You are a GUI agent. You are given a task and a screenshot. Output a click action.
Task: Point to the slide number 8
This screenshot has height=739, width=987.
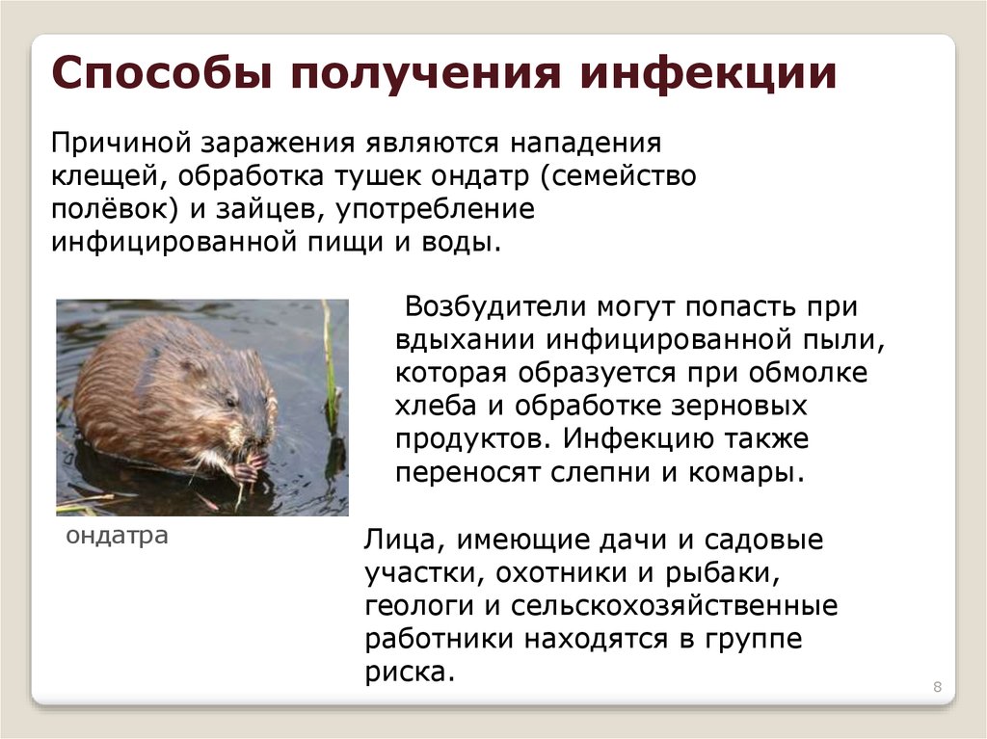937,687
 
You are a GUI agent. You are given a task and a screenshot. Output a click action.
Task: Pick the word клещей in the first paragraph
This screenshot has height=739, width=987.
95,176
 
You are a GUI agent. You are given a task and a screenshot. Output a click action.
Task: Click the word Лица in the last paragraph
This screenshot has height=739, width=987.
396,541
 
